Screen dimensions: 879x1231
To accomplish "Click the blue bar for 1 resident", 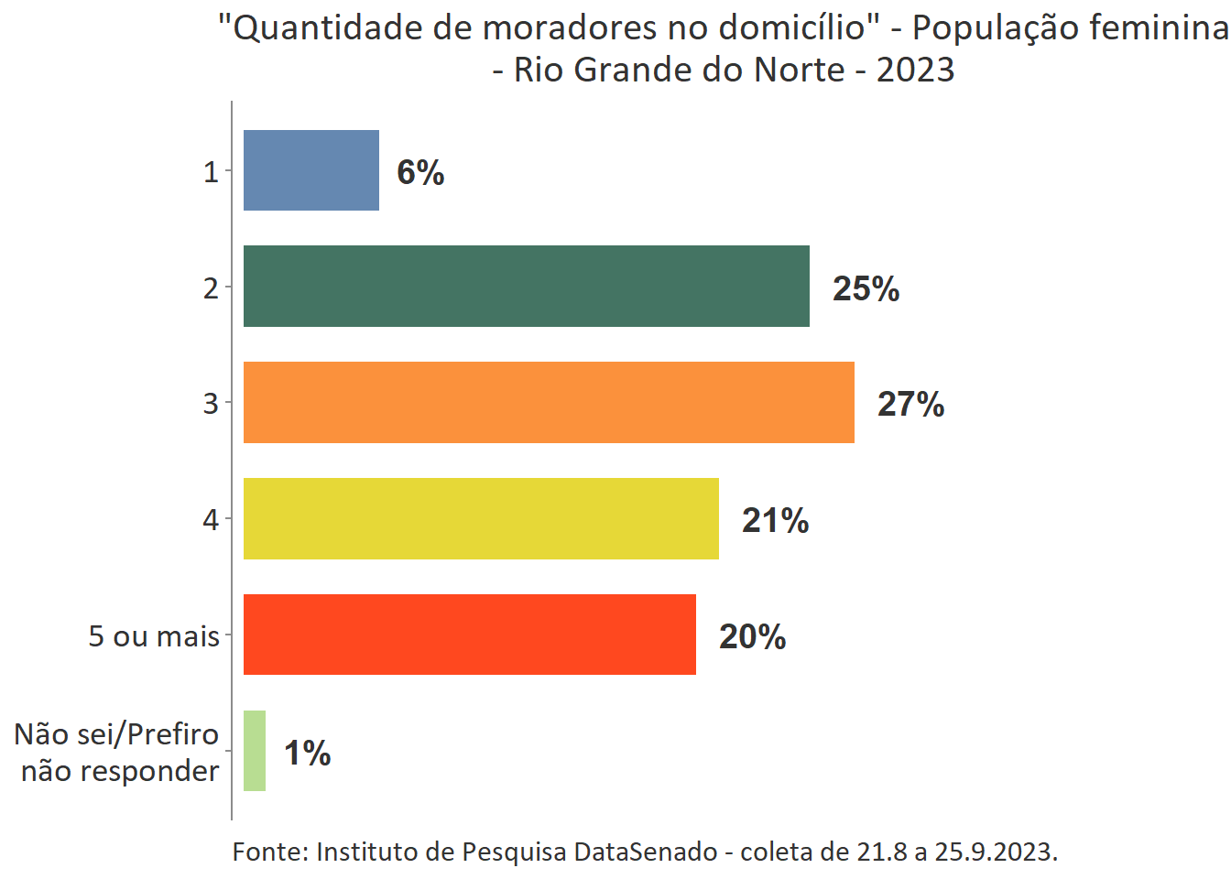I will pyautogui.click(x=310, y=170).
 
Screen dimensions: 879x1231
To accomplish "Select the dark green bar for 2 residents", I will pyautogui.click(x=526, y=286).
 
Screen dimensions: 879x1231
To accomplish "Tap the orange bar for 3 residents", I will pyautogui.click(x=549, y=402).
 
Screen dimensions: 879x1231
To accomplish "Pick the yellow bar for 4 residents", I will pyautogui.click(x=481, y=518).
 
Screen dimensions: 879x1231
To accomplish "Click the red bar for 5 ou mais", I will pyautogui.click(x=469, y=635).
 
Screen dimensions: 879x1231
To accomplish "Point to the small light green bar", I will pyautogui.click(x=255, y=751).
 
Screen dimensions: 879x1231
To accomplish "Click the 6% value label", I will pyautogui.click(x=420, y=172).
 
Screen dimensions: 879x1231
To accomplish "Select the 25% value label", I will pyautogui.click(x=866, y=288).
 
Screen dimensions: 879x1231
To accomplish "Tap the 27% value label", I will pyautogui.click(x=910, y=404).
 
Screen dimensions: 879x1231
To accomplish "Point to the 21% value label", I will pyautogui.click(x=775, y=520).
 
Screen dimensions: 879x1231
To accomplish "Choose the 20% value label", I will pyautogui.click(x=752, y=636).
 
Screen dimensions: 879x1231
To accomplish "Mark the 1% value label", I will pyautogui.click(x=307, y=753).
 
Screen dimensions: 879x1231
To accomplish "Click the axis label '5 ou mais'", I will pyautogui.click(x=154, y=635).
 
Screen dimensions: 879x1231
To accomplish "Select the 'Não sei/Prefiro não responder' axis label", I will pyautogui.click(x=117, y=752).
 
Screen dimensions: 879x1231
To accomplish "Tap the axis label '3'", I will pyautogui.click(x=211, y=403).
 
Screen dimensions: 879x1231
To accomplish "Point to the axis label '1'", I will pyautogui.click(x=211, y=171).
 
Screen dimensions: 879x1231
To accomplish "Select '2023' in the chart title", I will pyautogui.click(x=915, y=70).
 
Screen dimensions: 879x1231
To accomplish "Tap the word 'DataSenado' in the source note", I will pyautogui.click(x=646, y=852).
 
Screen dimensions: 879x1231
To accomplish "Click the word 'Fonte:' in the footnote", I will pyautogui.click(x=270, y=852).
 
